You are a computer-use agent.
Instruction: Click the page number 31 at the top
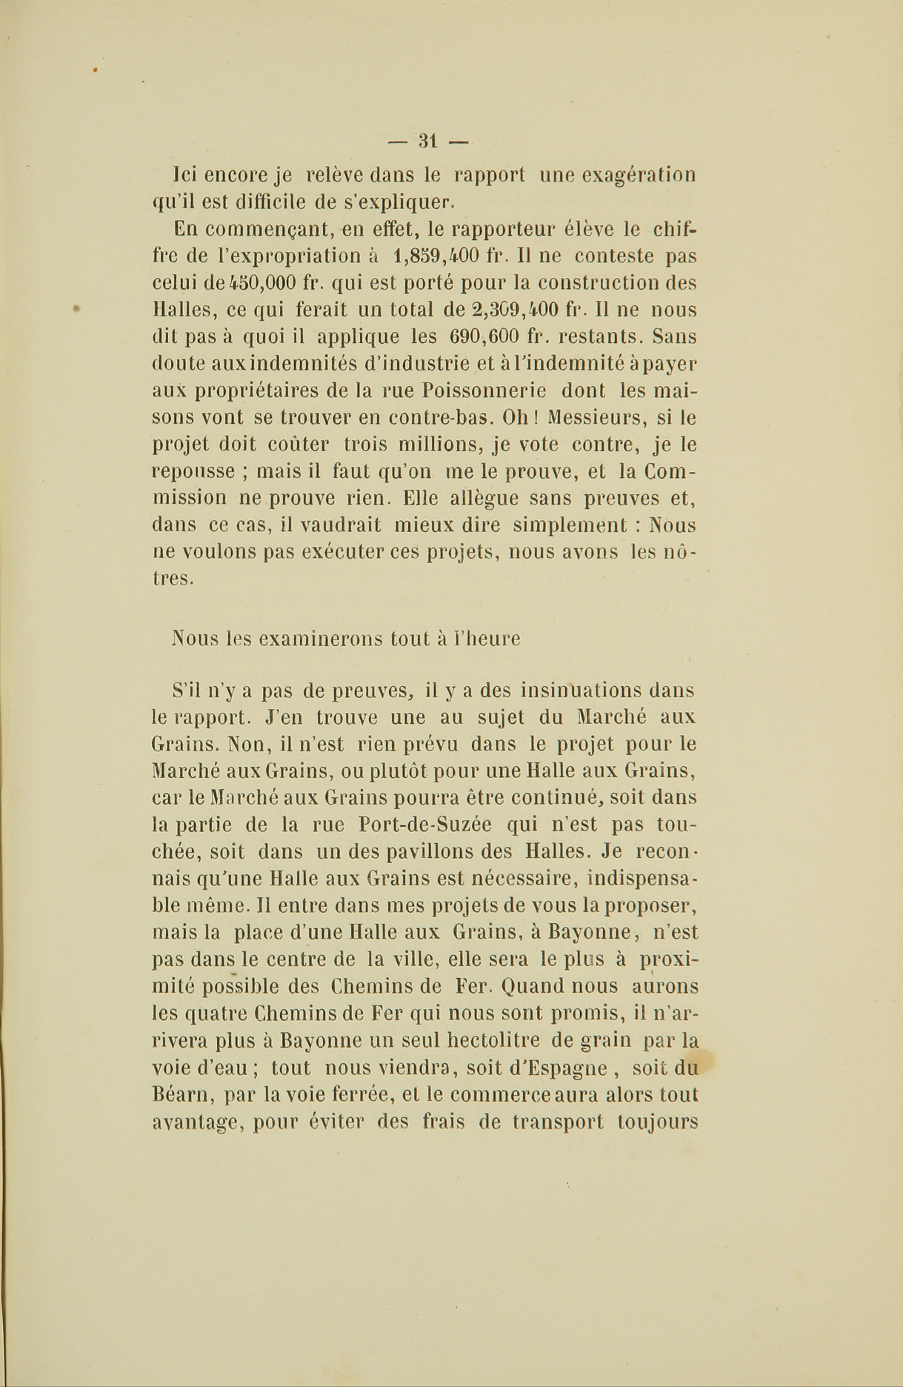point(429,140)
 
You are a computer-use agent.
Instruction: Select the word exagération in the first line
point(639,176)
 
